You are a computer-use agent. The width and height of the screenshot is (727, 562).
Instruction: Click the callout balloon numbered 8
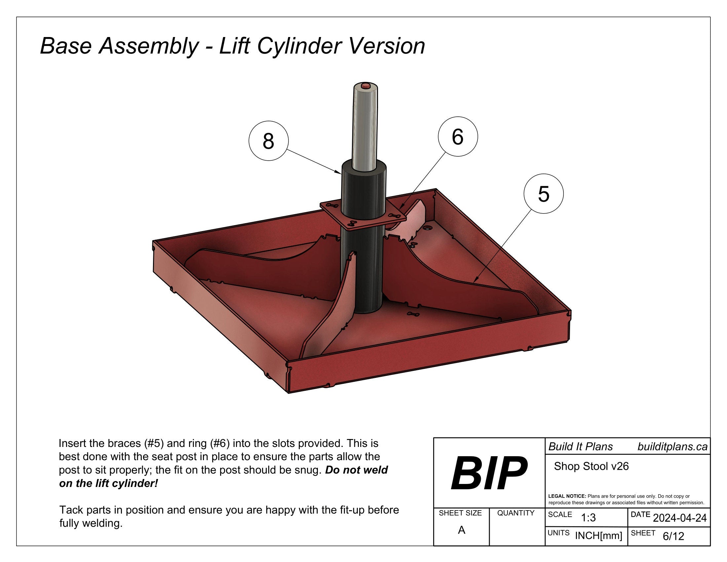pos(268,141)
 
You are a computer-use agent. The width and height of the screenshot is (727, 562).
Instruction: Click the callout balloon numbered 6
pos(458,137)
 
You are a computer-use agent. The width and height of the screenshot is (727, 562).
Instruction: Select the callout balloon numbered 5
pos(544,194)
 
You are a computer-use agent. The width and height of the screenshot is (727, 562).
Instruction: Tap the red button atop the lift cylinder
pos(365,85)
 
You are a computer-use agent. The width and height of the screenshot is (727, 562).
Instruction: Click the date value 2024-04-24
pos(679,518)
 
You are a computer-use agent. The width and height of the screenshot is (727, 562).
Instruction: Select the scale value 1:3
pos(588,518)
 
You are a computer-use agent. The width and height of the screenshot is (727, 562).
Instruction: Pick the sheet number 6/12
pos(673,536)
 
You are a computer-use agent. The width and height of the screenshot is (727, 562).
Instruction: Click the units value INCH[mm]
pos(598,536)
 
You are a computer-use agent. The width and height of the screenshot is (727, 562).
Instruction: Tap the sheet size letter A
pos(461,530)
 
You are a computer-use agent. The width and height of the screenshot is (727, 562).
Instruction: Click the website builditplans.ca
pos(672,447)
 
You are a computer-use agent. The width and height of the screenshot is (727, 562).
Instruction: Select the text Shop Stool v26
pos(591,466)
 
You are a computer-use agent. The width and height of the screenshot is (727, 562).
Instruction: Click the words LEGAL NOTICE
pos(567,496)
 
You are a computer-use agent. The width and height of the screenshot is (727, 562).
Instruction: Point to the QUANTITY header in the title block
pos(516,513)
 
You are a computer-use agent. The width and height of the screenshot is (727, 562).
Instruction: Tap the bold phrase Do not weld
pos(356,470)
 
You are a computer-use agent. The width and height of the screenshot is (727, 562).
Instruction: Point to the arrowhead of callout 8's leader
pos(340,173)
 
